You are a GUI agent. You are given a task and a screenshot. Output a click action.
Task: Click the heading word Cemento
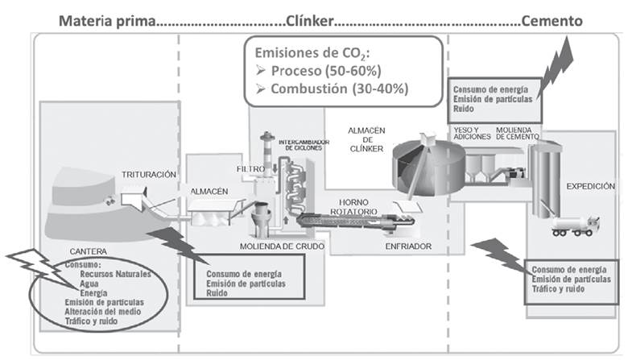pyautogui.click(x=551, y=19)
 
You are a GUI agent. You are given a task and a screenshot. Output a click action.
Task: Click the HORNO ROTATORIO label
pyautogui.click(x=354, y=206)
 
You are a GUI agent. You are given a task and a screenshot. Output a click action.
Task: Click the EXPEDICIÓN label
pyautogui.click(x=590, y=186)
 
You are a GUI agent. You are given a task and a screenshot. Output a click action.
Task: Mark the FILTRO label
pyautogui.click(x=250, y=168)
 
